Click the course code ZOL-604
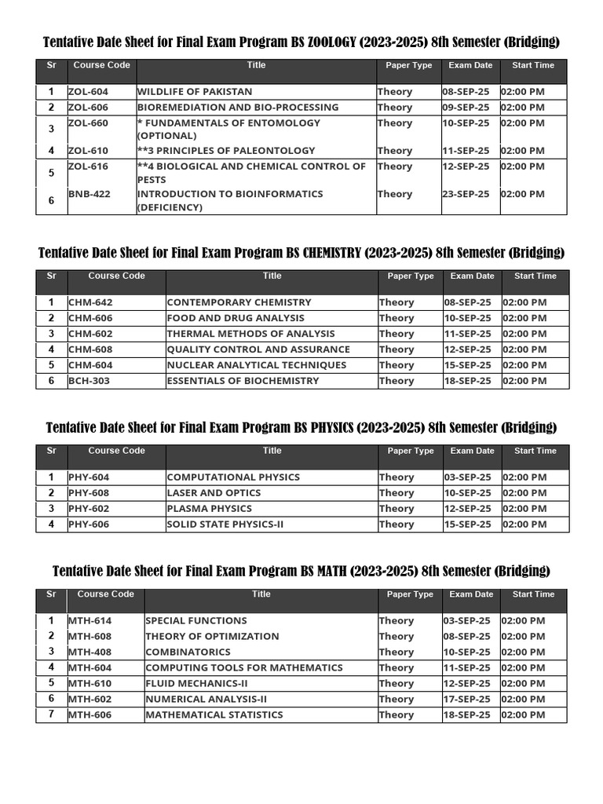point(89,92)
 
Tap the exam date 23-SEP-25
point(466,194)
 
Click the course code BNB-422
point(90,194)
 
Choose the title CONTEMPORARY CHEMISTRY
point(239,302)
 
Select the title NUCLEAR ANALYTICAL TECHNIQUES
point(256,365)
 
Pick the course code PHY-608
point(89,493)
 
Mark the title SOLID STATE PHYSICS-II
point(225,524)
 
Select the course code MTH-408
point(90,652)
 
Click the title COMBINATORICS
point(188,652)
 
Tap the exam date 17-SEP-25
point(466,699)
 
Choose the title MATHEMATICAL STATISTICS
point(214,714)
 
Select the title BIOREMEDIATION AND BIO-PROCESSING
point(238,108)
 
